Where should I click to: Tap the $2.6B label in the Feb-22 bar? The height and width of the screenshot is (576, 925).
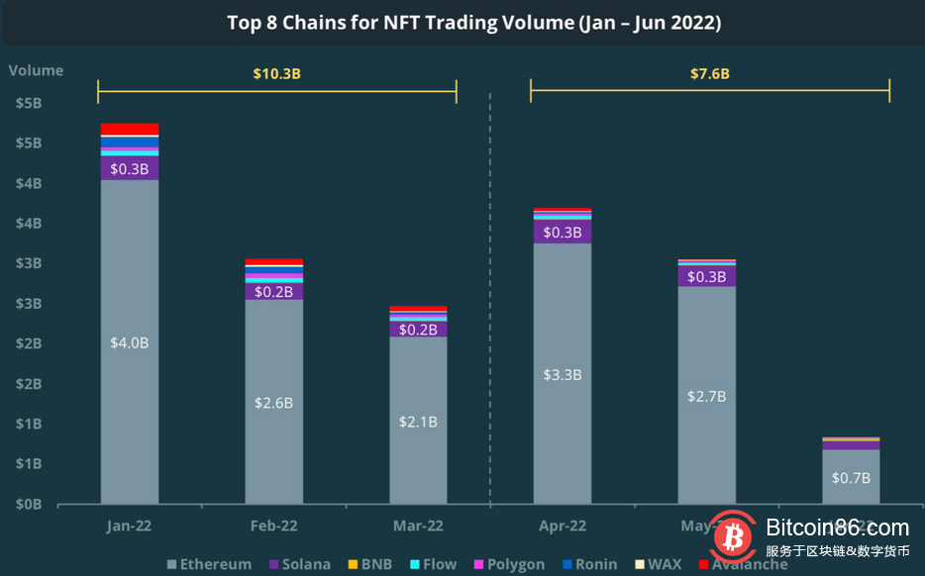coord(274,403)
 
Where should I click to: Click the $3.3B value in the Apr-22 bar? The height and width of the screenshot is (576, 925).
coord(563,375)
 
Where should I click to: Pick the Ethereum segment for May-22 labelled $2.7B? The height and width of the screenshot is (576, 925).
coord(706,396)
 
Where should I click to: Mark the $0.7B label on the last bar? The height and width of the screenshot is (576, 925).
coord(851,478)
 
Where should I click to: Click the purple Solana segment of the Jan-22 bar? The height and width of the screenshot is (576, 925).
coord(130,168)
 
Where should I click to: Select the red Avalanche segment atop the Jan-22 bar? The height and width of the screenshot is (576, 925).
coord(130,129)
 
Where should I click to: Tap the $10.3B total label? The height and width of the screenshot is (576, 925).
coord(277,73)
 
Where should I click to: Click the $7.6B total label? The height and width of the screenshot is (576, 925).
coord(709,73)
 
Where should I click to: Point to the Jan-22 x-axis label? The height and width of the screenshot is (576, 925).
coord(130,527)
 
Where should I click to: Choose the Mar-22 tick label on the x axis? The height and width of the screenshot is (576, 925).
coord(418,527)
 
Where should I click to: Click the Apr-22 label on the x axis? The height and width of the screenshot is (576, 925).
coord(563,527)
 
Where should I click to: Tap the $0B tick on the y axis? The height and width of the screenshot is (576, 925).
coord(27,504)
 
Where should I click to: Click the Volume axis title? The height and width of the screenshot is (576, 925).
coord(36,70)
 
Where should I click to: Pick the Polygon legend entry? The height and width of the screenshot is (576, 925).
coord(508,564)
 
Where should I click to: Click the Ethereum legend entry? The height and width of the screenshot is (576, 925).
coord(209,564)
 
